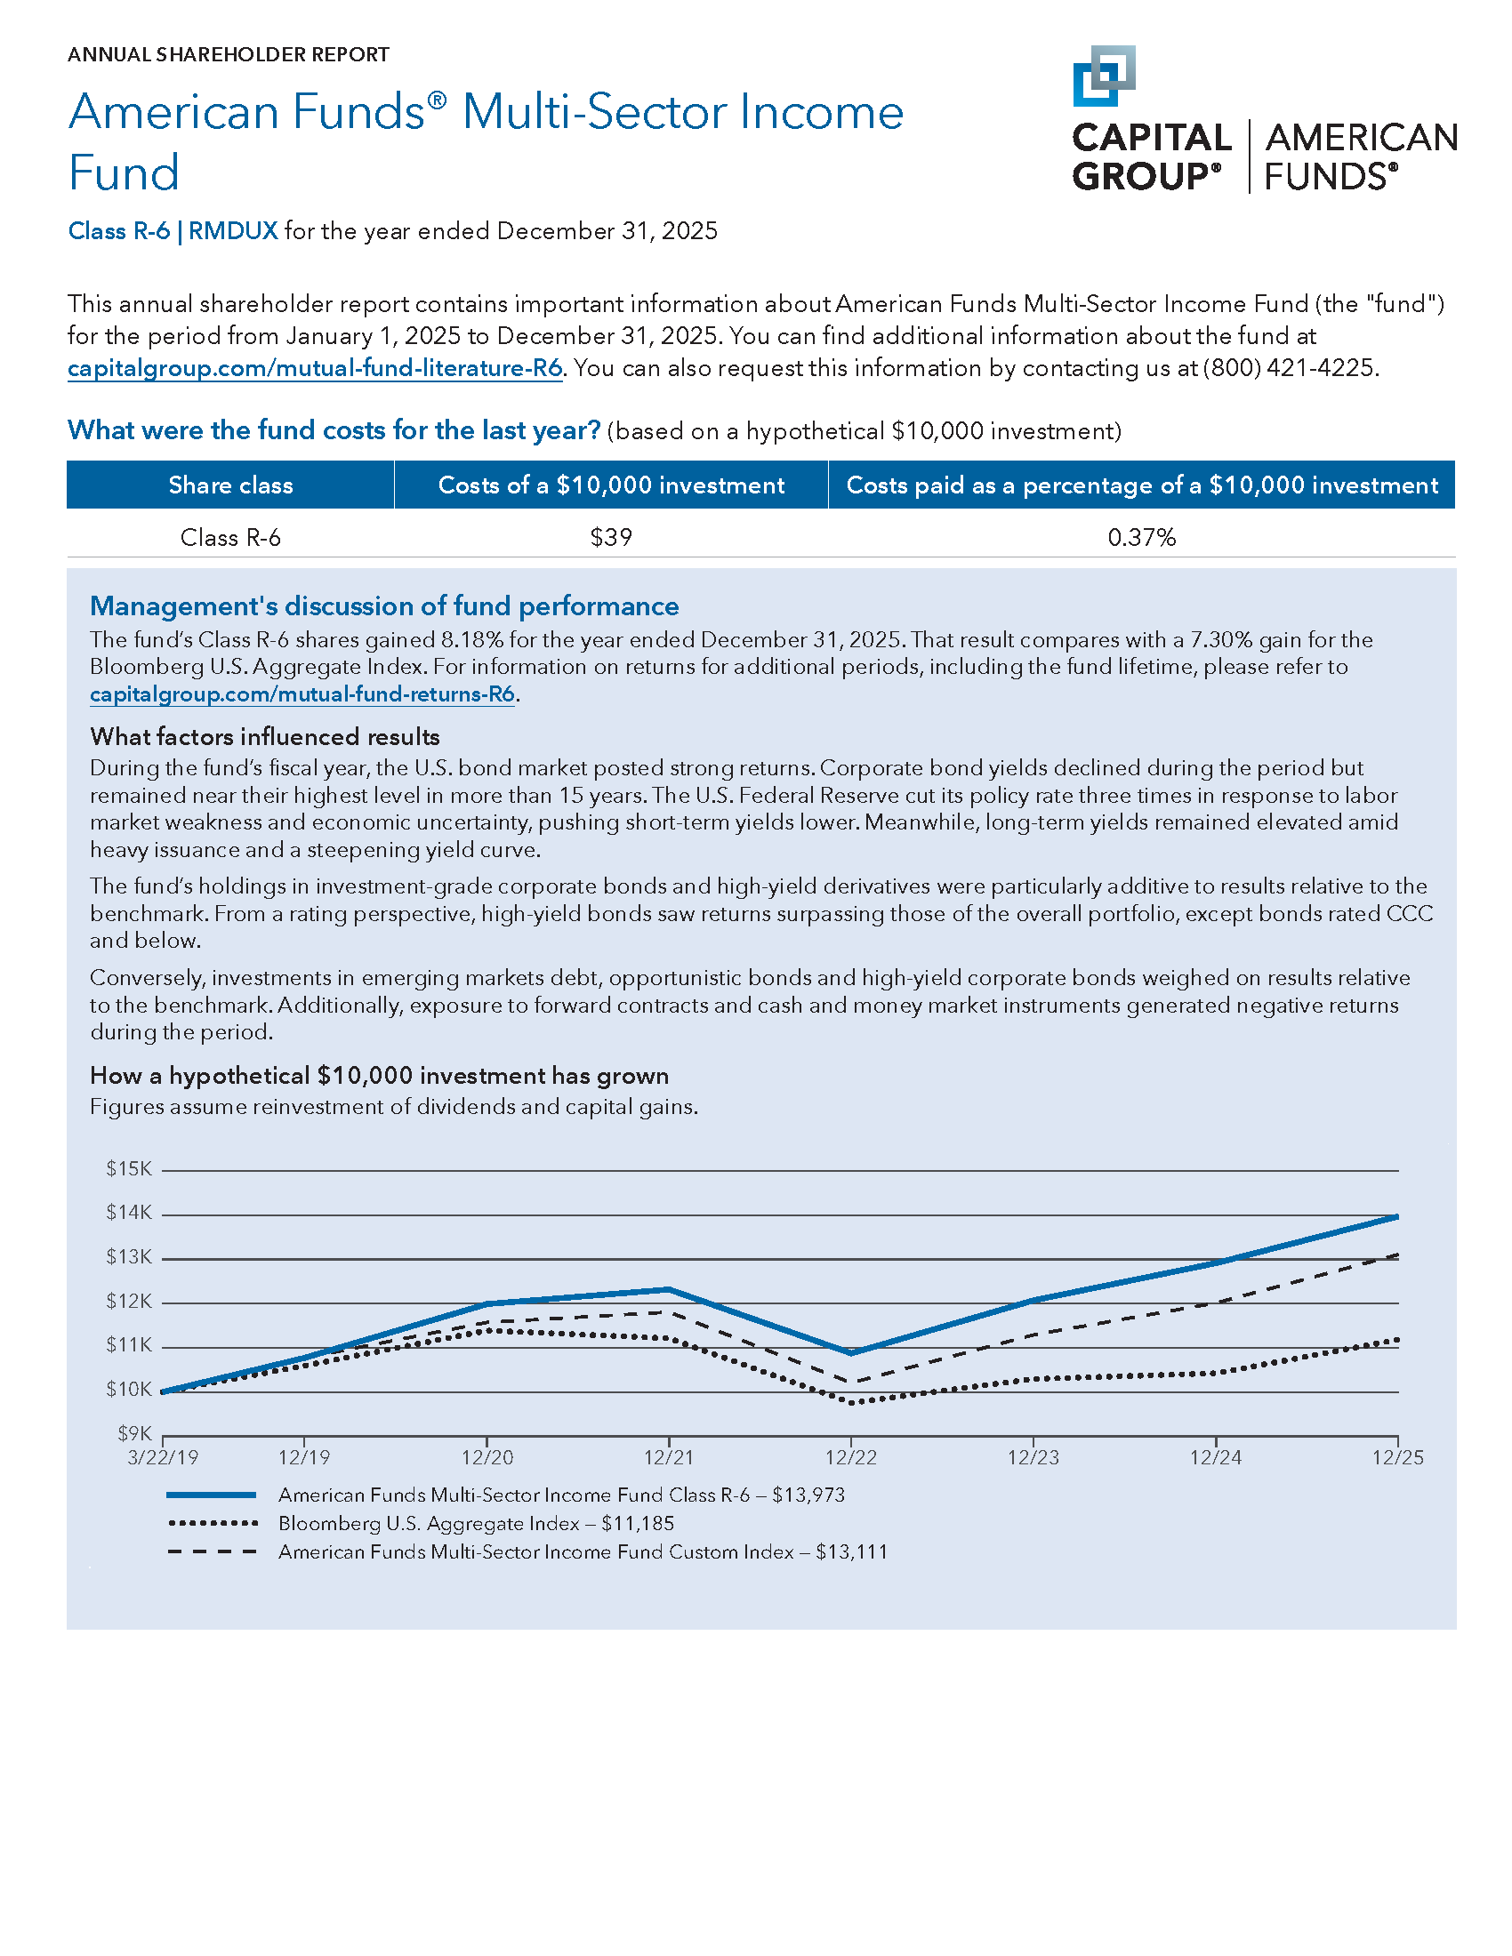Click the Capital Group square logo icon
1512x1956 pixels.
click(1104, 76)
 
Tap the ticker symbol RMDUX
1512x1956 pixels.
click(233, 231)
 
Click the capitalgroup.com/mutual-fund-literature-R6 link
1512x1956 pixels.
click(314, 368)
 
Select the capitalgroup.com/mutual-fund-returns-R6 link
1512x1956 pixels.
click(302, 694)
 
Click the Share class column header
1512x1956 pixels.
click(230, 485)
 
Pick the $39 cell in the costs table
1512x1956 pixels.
click(611, 537)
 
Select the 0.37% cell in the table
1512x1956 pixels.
click(1141, 537)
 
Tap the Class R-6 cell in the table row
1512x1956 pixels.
click(230, 537)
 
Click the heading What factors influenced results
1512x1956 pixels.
click(264, 736)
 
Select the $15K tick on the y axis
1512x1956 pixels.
click(129, 1169)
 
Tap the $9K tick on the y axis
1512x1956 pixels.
click(134, 1434)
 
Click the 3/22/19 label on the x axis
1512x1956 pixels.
click(163, 1458)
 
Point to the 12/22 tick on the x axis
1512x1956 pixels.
click(851, 1458)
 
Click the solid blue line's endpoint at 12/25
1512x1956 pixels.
click(1396, 1217)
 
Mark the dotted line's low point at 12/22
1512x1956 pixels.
click(851, 1402)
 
